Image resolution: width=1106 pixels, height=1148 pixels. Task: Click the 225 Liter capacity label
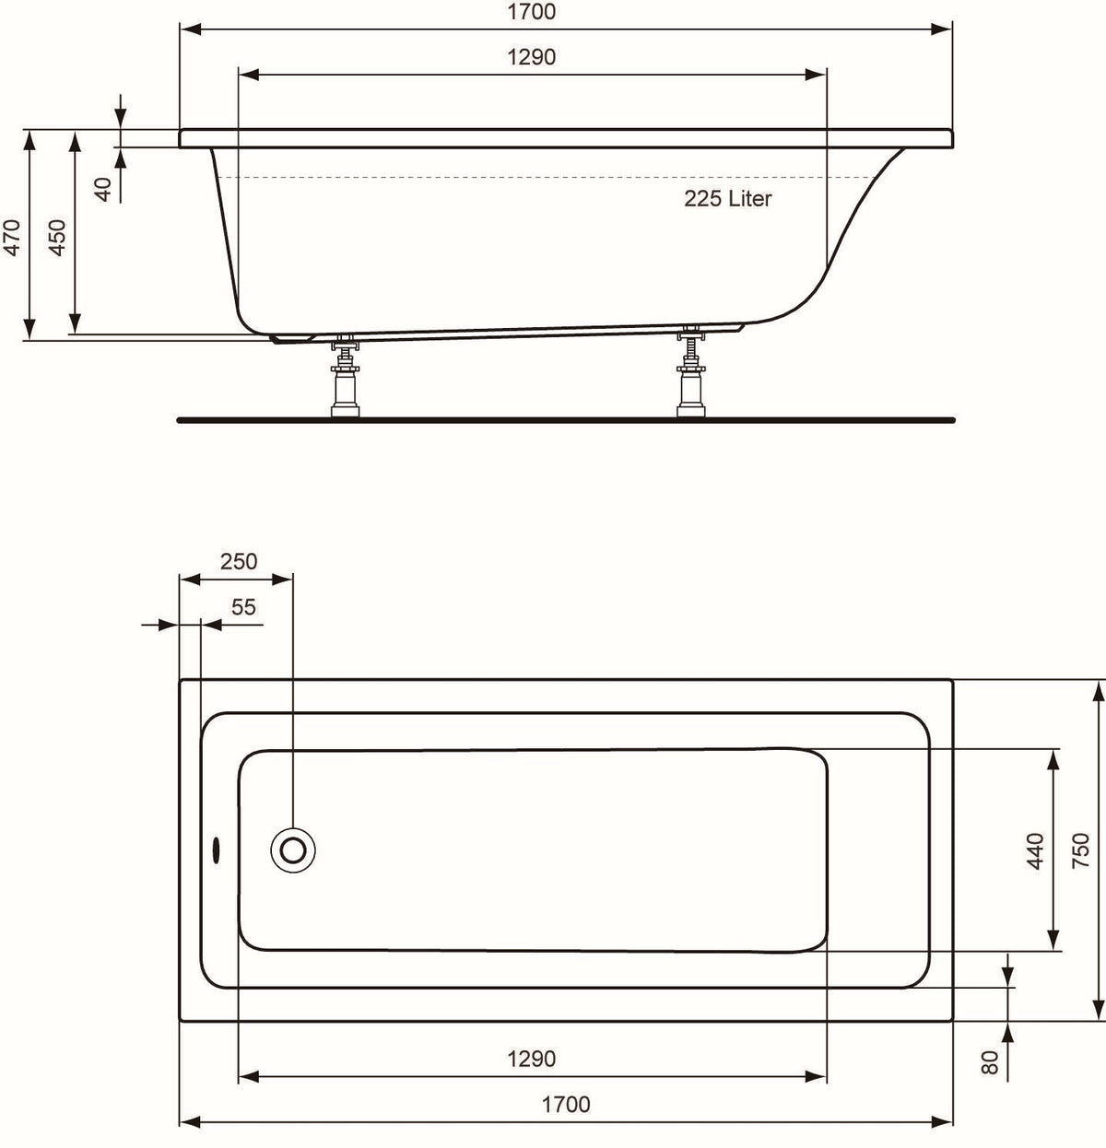pyautogui.click(x=728, y=199)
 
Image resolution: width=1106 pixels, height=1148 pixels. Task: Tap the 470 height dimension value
pyautogui.click(x=12, y=238)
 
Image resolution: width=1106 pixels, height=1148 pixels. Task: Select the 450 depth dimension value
pyautogui.click(x=57, y=238)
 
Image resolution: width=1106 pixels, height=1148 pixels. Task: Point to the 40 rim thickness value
pyautogui.click(x=102, y=190)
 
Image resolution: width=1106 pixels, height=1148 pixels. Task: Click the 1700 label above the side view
pyautogui.click(x=532, y=12)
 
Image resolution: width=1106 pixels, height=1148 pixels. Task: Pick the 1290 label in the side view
pyautogui.click(x=532, y=57)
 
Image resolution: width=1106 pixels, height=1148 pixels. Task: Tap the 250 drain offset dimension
pyautogui.click(x=239, y=561)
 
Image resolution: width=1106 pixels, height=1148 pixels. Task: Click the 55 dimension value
pyautogui.click(x=243, y=606)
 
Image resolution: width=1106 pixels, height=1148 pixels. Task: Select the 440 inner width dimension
pyautogui.click(x=1036, y=850)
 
